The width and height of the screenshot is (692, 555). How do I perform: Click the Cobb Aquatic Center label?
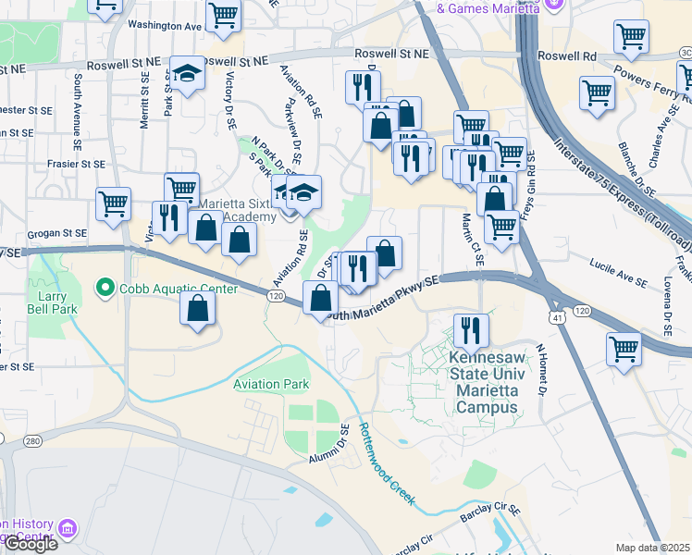(x=163, y=288)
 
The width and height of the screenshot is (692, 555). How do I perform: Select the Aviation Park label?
(x=271, y=384)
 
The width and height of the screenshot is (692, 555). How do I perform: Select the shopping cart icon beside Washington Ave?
(x=223, y=16)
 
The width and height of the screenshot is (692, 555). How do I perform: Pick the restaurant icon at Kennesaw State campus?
(x=470, y=329)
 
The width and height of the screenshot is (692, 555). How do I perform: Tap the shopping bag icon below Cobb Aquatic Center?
(x=198, y=308)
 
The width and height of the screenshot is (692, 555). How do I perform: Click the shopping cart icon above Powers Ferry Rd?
(x=632, y=37)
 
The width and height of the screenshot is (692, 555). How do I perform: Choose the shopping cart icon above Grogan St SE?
(x=113, y=203)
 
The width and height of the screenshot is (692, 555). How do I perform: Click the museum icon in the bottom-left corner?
(x=68, y=529)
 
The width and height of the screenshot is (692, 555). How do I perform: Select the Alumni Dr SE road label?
(x=327, y=446)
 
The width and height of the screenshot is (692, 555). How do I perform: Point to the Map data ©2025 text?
(x=652, y=548)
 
